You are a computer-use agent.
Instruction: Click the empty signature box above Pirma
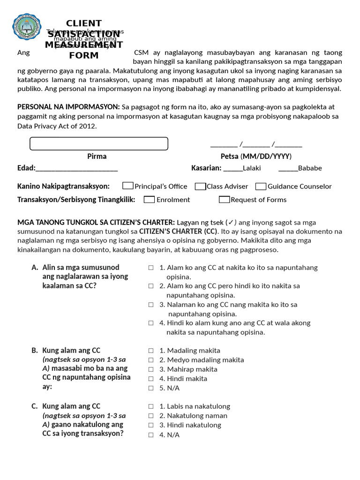click(x=98, y=143)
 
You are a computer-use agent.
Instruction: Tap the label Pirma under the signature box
click(x=97, y=156)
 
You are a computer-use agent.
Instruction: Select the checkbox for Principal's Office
click(x=127, y=186)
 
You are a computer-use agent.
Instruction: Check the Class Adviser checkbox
click(x=200, y=186)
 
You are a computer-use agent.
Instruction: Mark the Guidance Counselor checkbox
click(x=261, y=186)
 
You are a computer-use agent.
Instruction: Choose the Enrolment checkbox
click(x=149, y=199)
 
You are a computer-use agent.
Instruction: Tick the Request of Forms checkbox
click(x=224, y=199)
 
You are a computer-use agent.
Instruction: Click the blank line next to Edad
click(x=76, y=168)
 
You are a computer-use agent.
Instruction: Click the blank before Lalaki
click(x=233, y=168)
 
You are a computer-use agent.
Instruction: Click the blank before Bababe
click(x=288, y=168)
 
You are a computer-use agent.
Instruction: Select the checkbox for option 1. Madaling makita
click(x=151, y=351)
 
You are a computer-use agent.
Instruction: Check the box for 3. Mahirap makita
click(x=151, y=369)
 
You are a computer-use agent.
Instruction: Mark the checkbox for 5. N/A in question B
click(x=151, y=388)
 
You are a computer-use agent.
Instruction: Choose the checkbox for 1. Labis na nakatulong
click(x=151, y=406)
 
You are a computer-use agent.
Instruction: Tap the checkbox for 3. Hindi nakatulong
click(x=151, y=425)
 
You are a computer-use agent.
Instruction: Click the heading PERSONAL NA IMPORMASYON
click(x=68, y=107)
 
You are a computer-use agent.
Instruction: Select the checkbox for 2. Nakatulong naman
click(x=151, y=416)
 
